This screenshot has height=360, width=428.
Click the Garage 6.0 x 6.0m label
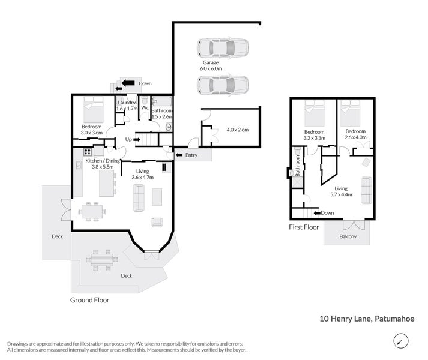point(211,65)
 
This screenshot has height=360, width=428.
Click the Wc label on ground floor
point(145,108)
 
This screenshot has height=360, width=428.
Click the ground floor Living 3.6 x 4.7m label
point(142,175)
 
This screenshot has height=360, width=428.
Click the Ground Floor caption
point(90,299)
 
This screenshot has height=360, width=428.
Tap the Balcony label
point(347,236)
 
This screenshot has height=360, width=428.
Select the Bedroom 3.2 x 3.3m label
point(315,135)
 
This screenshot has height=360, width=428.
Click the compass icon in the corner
point(399,341)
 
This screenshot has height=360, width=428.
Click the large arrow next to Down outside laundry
point(127,83)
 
